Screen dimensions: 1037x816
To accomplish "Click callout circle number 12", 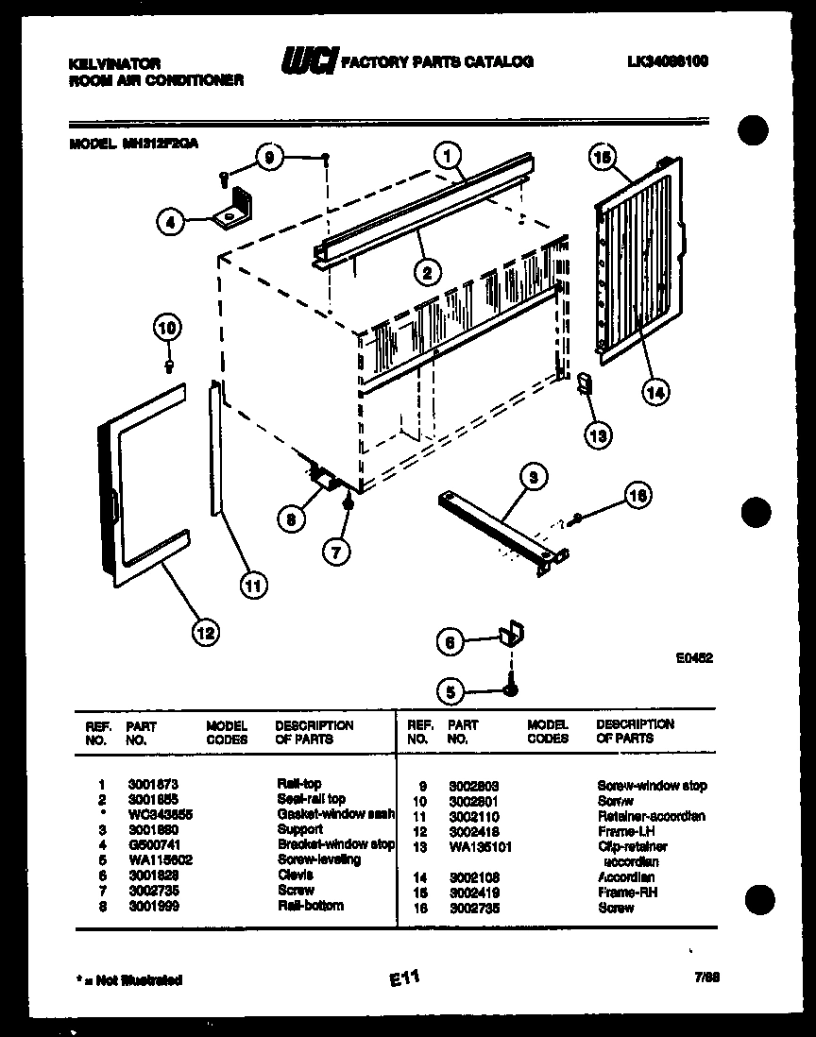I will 204,632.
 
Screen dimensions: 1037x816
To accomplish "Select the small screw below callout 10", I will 169,363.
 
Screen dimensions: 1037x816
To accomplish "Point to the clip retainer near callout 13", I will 584,382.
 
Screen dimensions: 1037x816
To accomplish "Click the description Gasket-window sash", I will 335,813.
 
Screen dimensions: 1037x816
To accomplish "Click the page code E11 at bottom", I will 402,980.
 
